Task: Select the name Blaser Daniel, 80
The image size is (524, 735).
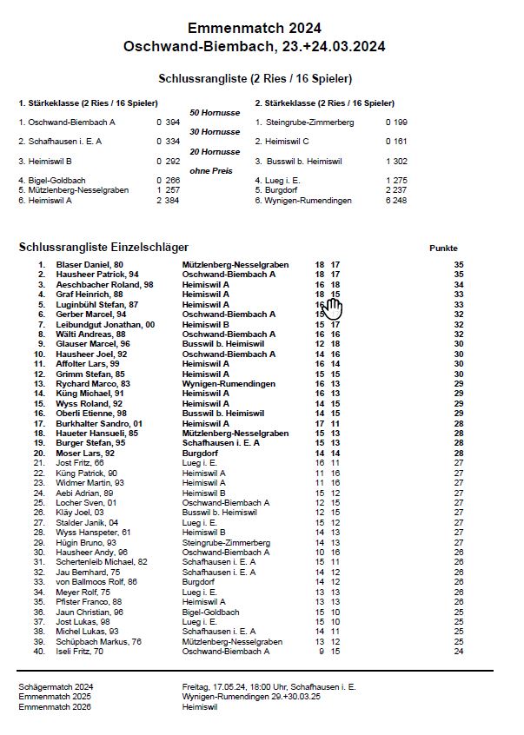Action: tap(90, 264)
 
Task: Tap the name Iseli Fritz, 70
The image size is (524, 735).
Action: tap(80, 650)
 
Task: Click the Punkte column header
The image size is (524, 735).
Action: tap(443, 248)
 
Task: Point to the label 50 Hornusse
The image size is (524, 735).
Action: tap(215, 113)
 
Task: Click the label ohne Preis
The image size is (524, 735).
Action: tap(211, 171)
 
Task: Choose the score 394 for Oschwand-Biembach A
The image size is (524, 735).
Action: tap(173, 122)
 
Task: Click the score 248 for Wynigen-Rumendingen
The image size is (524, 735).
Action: tap(399, 201)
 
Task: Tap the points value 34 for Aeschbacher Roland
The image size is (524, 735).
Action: tap(459, 284)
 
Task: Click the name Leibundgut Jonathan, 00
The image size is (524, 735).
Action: tap(105, 324)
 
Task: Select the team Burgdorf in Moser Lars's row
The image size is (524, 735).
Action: tap(200, 453)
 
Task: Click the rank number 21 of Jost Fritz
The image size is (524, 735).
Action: tap(39, 463)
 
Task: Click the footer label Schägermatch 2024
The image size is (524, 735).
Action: tap(56, 686)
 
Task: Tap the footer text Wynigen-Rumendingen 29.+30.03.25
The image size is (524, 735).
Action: tap(251, 697)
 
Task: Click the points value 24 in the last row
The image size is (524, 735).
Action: tap(459, 650)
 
